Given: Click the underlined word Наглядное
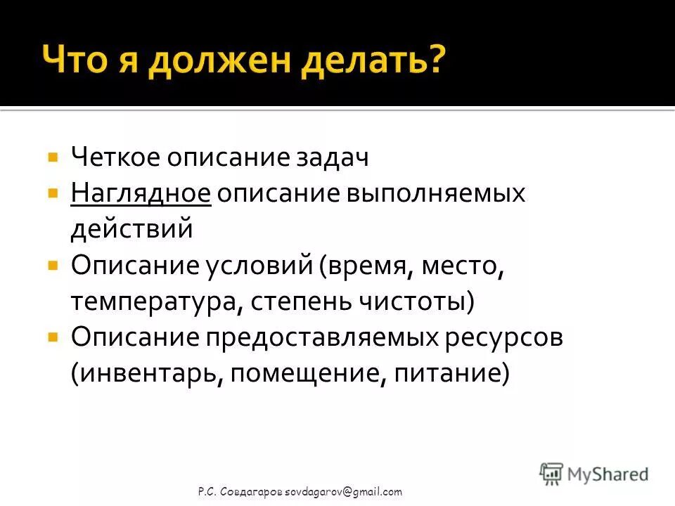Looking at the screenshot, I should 141,193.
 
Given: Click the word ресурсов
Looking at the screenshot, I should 503,338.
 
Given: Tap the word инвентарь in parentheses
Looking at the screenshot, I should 148,374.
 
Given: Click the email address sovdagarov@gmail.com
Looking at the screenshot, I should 343,492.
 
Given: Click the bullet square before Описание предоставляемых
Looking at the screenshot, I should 52,337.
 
